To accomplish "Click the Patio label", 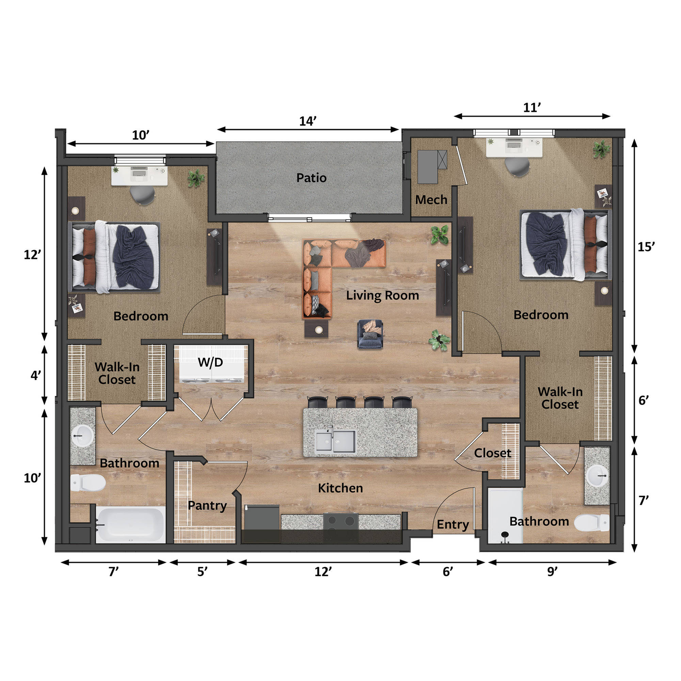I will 311,178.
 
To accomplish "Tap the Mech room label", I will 431,200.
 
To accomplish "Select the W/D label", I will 210,362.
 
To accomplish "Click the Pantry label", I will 207,505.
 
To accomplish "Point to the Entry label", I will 453,524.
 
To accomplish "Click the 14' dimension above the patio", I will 308,121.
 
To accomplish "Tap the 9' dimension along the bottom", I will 552,571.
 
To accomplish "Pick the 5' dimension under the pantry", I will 202,571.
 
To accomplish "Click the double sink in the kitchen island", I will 335,441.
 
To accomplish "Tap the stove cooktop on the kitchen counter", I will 340,521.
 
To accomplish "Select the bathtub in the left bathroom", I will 131,524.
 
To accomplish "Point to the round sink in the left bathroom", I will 82,436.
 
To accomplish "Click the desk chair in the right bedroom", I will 517,167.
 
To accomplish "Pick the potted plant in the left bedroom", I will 196,178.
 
